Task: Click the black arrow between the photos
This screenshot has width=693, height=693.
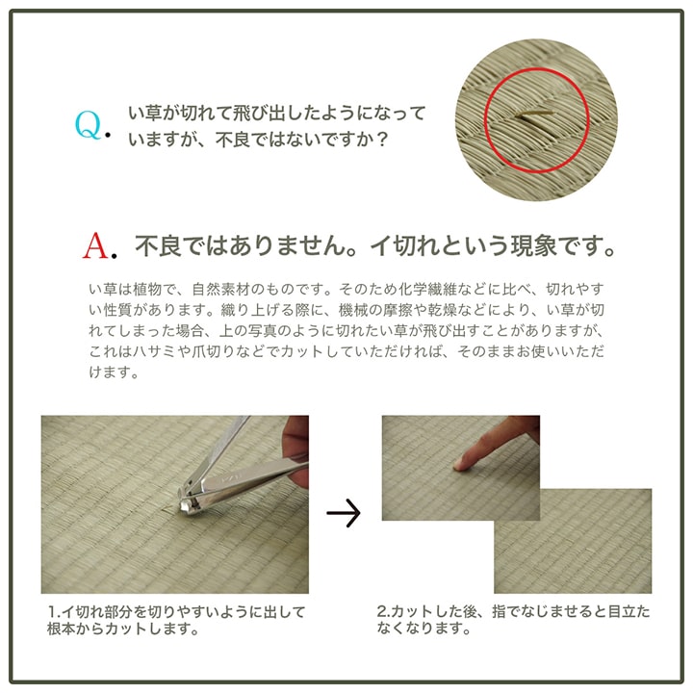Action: pos(343,514)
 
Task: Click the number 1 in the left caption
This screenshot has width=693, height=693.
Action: pos(50,612)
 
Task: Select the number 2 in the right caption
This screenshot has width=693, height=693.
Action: pos(381,612)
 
